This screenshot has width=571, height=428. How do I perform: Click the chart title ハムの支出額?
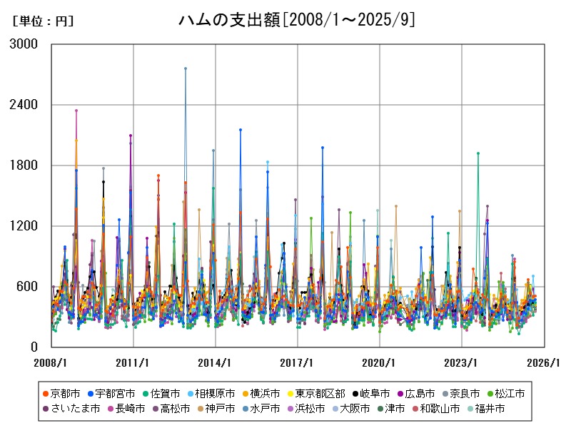(x=296, y=21)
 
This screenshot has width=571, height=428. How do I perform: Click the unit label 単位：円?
(x=43, y=21)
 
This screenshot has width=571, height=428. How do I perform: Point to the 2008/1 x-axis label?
(x=51, y=362)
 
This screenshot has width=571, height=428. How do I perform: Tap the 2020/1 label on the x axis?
(x=380, y=362)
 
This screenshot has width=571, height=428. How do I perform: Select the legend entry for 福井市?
(x=490, y=409)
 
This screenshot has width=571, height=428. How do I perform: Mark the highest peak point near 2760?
(x=186, y=68)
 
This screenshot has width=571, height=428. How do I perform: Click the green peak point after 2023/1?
(x=478, y=153)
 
